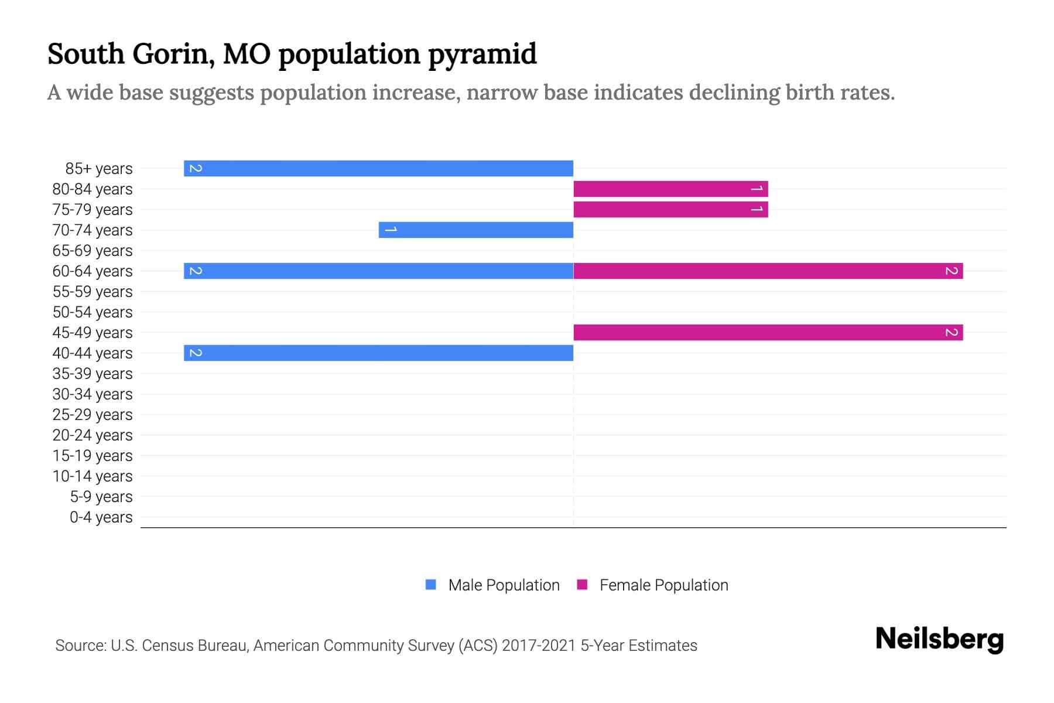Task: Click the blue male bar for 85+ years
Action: coord(378,168)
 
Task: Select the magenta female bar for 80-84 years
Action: coord(670,189)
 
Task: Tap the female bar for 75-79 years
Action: coord(670,209)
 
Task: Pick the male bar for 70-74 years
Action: coord(476,230)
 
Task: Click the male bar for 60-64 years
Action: coord(378,271)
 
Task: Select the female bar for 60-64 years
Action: coord(768,271)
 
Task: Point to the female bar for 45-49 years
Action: coord(768,332)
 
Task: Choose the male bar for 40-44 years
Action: coord(378,353)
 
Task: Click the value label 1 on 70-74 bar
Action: coord(391,230)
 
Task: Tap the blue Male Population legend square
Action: coord(431,585)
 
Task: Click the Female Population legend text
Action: coord(663,585)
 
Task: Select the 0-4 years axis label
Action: coord(101,517)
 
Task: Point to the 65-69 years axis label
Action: coord(93,250)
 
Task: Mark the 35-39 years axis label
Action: coord(93,373)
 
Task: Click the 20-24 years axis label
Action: coord(93,435)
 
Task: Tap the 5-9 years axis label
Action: coord(101,496)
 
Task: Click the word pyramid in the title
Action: coord(482,54)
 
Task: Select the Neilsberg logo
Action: coord(939,639)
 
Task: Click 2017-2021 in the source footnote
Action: coord(539,645)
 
